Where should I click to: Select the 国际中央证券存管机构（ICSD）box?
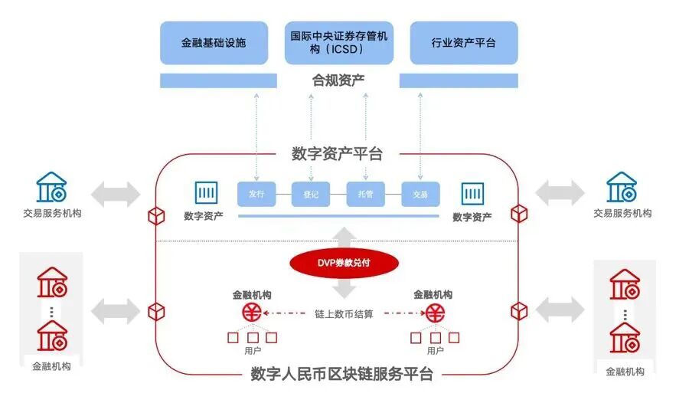(338, 42)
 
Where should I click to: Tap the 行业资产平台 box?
(463, 42)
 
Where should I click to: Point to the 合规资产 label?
(338, 80)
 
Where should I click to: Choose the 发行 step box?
(256, 195)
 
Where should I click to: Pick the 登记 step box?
(310, 195)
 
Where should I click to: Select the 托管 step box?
(365, 195)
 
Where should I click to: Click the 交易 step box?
(420, 195)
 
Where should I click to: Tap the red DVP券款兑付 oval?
(344, 263)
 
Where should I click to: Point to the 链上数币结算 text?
(344, 313)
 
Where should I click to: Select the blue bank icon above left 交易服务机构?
(52, 188)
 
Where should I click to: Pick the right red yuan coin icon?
(436, 313)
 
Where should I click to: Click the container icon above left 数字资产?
(206, 193)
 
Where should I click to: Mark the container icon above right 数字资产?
(472, 193)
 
